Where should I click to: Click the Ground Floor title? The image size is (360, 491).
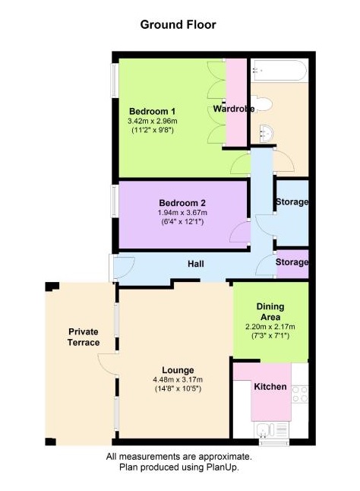178,24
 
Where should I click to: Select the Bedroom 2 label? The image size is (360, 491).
182,203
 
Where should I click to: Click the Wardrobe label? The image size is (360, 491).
233,109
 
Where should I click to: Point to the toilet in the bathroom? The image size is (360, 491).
264,103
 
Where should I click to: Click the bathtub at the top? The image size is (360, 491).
278,71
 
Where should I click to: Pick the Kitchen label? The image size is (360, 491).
270,387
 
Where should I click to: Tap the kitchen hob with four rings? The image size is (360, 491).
299,394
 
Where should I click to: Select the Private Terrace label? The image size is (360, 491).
84,337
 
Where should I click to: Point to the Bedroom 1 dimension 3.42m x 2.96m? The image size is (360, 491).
152,121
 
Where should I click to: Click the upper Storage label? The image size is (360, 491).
292,202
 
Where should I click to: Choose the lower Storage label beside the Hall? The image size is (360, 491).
292,263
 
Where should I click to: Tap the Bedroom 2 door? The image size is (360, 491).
242,233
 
